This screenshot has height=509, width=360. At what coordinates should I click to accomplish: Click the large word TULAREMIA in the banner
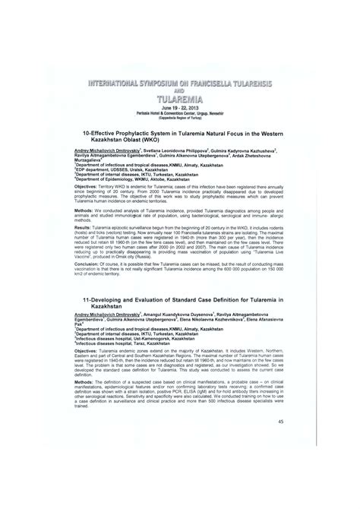click(x=180, y=99)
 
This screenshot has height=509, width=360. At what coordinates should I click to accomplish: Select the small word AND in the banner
click(x=180, y=89)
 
